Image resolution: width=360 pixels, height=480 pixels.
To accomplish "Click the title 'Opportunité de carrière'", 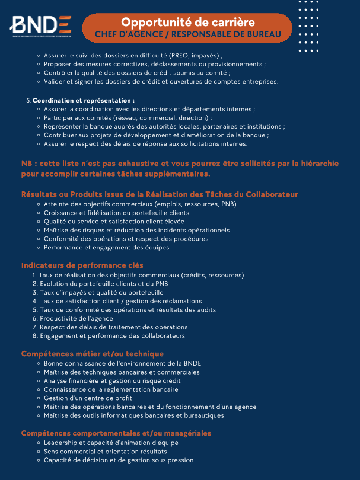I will click(x=188, y=22).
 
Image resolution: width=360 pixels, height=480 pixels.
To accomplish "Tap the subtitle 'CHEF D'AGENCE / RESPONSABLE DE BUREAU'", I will click(x=188, y=34).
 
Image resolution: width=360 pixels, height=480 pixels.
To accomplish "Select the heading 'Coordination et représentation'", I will click(x=84, y=100).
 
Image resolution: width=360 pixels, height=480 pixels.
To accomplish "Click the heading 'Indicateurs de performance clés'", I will click(x=82, y=265).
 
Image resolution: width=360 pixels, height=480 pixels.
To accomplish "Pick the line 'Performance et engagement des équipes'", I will click(x=106, y=247).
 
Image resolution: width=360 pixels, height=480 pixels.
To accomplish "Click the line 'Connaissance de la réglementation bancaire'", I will click(x=111, y=389).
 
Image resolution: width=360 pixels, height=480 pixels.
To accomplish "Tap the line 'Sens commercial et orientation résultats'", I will click(x=105, y=451).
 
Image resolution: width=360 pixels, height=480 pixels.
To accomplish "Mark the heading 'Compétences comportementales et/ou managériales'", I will click(x=116, y=433).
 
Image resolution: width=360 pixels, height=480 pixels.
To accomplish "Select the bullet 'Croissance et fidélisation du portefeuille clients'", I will click(x=117, y=213).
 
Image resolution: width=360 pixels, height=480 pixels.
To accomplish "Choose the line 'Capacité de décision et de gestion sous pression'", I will click(x=119, y=460).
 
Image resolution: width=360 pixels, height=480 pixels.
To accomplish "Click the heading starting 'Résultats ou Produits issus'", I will click(x=160, y=194).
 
